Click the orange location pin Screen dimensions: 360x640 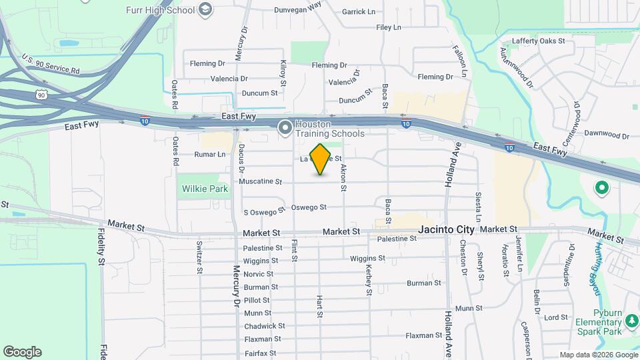pyautogui.click(x=321, y=159)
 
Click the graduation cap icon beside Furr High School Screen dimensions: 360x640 pyautogui.click(x=205, y=9)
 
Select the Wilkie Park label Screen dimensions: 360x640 pyautogui.click(x=205, y=189)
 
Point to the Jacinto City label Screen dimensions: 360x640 pyautogui.click(x=446, y=229)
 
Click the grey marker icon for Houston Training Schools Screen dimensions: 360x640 pyautogui.click(x=285, y=127)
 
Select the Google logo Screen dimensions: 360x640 pyautogui.click(x=22, y=352)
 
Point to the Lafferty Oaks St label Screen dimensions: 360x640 pyautogui.click(x=538, y=41)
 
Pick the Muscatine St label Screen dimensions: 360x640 pyautogui.click(x=261, y=181)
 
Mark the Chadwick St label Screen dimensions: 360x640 pyautogui.click(x=265, y=326)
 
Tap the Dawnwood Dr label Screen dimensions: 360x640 pyautogui.click(x=607, y=133)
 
